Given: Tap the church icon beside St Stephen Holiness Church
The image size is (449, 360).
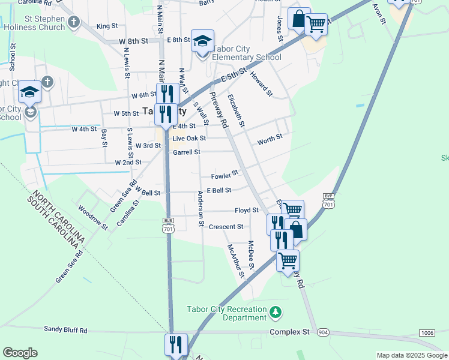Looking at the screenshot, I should coord(73,23).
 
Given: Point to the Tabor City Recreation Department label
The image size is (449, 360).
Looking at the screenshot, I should coord(226,313).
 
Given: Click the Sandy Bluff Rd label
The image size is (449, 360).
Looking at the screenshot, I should coord(66,330).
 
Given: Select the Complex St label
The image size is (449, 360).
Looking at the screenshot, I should coord(289,332).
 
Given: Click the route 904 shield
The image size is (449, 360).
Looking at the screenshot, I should coord(324,332).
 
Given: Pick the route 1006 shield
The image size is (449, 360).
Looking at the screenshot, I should coord(427,333).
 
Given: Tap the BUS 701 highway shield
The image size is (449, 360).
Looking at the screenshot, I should coord(168,225).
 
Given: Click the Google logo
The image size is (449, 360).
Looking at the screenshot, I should coord(20,353).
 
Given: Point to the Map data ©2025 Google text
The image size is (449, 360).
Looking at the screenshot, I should coord(411,355).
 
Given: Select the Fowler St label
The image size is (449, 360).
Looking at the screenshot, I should coord(224,176).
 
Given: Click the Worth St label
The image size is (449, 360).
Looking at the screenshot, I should coord(270,140).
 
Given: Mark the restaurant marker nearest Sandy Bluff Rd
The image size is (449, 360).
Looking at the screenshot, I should coord(176,344).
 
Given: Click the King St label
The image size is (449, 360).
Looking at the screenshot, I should coord(106,26).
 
